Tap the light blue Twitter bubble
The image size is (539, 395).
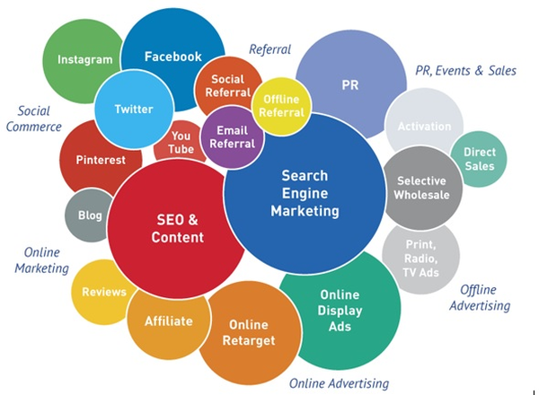coord(134,110)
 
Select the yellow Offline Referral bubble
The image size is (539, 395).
coord(281,107)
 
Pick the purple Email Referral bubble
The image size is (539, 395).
coord(233,137)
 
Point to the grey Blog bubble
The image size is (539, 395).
coord(89,215)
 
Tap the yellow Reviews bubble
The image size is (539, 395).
coord(102,292)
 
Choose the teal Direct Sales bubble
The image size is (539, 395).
coord(479,159)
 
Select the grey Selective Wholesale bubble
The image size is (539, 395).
coord(422,188)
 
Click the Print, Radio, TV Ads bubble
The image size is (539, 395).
coord(420,259)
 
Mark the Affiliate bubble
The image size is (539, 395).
coord(169,321)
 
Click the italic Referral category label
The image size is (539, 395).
coord(269,49)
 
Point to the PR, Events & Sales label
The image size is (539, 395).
coord(465,71)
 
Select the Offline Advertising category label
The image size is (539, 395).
coord(480,297)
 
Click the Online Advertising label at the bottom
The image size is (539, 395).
coord(339,383)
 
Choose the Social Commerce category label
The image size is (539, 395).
coord(34,118)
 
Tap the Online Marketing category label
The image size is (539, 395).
coord(41,260)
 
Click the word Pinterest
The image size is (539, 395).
coord(101,160)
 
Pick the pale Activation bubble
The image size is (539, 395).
coord(423,124)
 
